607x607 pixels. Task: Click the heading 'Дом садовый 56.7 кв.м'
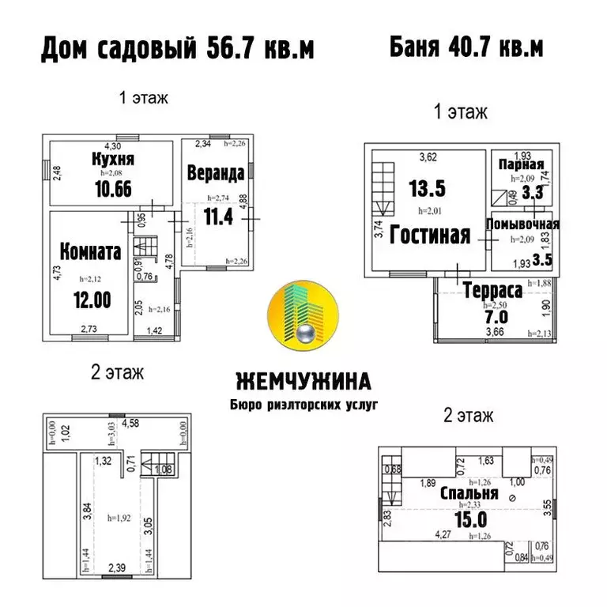click(178, 49)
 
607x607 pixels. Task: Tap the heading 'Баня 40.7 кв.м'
click(466, 47)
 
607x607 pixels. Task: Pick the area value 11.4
click(218, 215)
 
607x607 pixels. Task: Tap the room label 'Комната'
click(90, 252)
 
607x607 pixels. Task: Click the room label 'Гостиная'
click(431, 235)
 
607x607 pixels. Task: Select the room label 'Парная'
click(522, 165)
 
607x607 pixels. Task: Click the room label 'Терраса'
click(492, 290)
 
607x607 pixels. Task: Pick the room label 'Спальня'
click(469, 493)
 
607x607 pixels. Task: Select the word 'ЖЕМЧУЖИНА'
click(303, 382)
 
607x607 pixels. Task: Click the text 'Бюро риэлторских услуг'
click(304, 404)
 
